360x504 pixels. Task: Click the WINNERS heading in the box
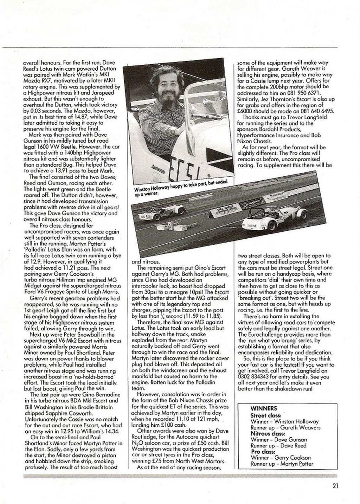coord(264,408)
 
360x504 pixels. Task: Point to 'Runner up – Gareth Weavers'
coord(285,428)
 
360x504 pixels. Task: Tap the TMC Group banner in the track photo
coord(224,209)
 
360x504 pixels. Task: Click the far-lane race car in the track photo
coord(162,212)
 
